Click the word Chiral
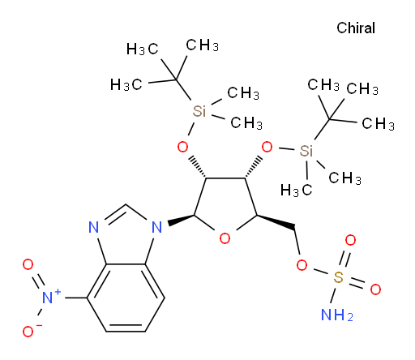tap(356, 28)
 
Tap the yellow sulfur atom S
tap(338, 277)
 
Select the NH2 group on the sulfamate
tap(337, 315)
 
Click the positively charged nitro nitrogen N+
tap(50, 297)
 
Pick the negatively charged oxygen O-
tap(30, 331)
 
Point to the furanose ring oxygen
tap(225, 238)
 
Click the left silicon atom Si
tap(199, 111)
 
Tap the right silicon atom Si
tap(306, 151)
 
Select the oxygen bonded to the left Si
tap(182, 147)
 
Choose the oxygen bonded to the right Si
tap(267, 147)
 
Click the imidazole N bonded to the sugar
tap(157, 227)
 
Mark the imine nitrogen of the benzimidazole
tap(94, 227)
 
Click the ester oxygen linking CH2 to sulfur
tap(302, 265)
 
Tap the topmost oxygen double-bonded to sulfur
tap(350, 240)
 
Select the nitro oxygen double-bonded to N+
tap(28, 264)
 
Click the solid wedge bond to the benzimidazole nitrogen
tap(181, 220)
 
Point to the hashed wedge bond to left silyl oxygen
tap(199, 167)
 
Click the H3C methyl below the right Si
tap(296, 190)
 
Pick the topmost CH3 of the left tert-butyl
tap(202, 45)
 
